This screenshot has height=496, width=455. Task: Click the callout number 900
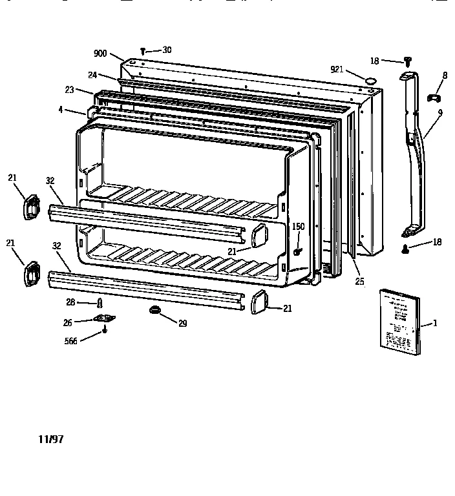(x=100, y=54)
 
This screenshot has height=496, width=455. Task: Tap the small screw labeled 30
(x=142, y=51)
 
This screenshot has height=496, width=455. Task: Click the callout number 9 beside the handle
(x=439, y=112)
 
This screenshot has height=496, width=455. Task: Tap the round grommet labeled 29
(x=156, y=311)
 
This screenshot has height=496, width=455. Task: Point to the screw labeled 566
(x=104, y=333)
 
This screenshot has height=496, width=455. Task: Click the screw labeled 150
(x=297, y=251)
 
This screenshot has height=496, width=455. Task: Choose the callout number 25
(x=359, y=281)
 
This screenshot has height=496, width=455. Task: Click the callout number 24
(x=92, y=75)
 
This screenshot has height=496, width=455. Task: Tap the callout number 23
(x=70, y=90)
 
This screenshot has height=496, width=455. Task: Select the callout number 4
(x=60, y=110)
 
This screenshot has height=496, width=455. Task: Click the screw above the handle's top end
(x=407, y=61)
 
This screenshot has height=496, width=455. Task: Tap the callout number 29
(x=183, y=323)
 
